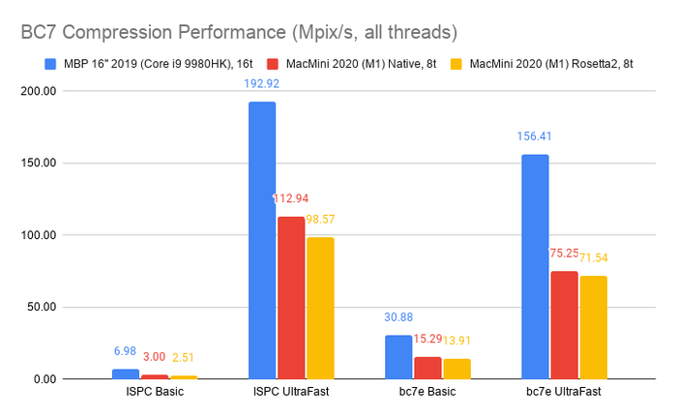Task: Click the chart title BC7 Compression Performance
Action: (x=238, y=32)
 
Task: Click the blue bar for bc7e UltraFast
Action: (x=535, y=266)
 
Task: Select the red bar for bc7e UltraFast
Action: (x=564, y=324)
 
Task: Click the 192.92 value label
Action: (x=262, y=83)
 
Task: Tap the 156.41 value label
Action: (x=535, y=136)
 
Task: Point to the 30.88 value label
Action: (x=398, y=316)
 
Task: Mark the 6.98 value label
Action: (x=126, y=350)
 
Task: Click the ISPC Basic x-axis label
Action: (x=155, y=393)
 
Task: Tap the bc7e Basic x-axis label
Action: (x=427, y=393)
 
